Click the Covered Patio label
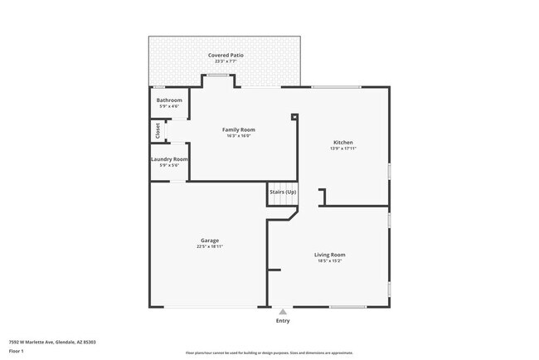pos(226,56)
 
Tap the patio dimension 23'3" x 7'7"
pos(226,61)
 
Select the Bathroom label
pos(169,100)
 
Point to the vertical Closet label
pos(158,130)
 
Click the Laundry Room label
pos(169,159)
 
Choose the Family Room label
pos(238,129)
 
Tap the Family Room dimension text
pos(238,136)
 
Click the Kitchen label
pos(343,143)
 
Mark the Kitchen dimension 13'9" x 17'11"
pos(343,148)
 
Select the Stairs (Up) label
pos(283,192)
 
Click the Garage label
pos(209,241)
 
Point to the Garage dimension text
pos(209,246)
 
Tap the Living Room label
pos(329,255)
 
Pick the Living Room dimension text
pos(329,260)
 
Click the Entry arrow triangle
pos(283,312)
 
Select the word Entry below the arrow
pos(283,320)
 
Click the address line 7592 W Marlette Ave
pos(52,341)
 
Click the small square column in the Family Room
pos(294,117)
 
